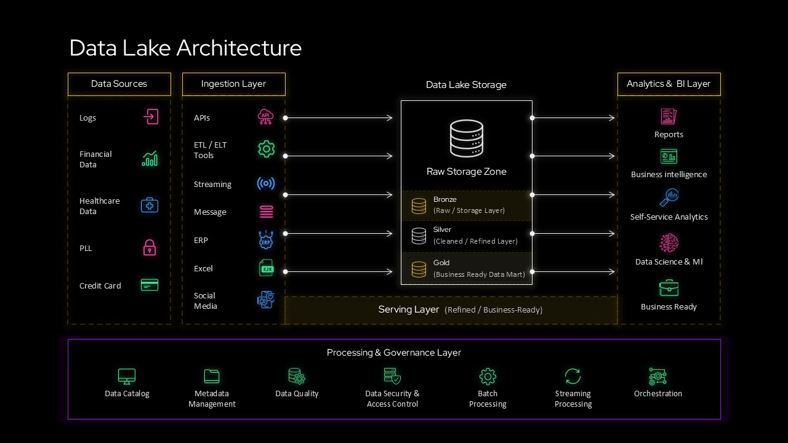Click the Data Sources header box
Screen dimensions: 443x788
coord(119,84)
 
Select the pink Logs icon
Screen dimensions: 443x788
coord(151,117)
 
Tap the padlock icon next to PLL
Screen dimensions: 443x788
coord(150,248)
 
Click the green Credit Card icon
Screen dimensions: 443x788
coord(150,285)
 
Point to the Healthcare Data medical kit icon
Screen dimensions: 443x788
coord(150,206)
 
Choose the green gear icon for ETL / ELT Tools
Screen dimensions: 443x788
coord(266,149)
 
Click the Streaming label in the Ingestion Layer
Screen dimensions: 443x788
coord(212,184)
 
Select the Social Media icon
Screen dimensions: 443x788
coord(266,300)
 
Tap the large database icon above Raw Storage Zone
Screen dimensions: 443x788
coord(466,138)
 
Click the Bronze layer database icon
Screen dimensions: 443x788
coord(419,206)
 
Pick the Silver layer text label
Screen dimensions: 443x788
coord(442,229)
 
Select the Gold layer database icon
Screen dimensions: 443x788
coord(419,269)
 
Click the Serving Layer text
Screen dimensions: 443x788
coord(409,309)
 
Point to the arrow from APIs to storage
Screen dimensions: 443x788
coord(339,118)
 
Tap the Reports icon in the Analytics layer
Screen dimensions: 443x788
coord(669,116)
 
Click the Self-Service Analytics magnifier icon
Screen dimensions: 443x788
coord(669,198)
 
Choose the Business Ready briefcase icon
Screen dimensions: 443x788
coord(669,288)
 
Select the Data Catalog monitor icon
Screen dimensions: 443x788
coord(127,376)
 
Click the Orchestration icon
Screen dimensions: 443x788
coord(657,376)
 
